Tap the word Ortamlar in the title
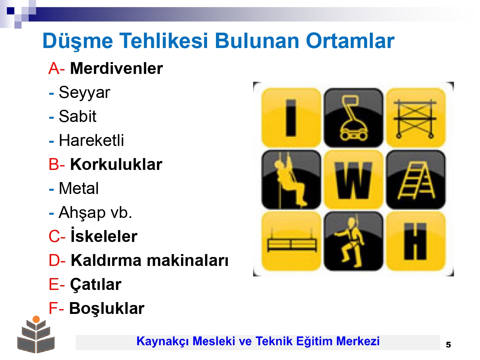pos(350,41)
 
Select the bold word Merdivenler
pos(116,68)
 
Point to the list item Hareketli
pos(92,140)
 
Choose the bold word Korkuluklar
pos(116,164)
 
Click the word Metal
pos(79,188)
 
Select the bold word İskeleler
pos(104,236)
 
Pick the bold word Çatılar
pos(96,285)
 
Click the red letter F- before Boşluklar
pos(56,308)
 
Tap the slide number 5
pos(449,345)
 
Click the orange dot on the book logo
pos(36,319)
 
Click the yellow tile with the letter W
pos(353,180)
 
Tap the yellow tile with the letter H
pos(415,241)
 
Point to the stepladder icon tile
pos(415,180)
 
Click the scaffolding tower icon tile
pos(415,117)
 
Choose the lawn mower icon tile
pos(353,117)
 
